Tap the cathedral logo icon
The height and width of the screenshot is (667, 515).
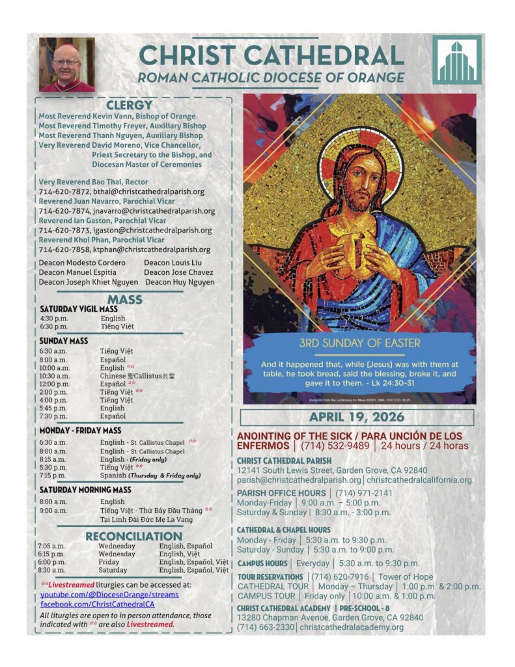point(456,61)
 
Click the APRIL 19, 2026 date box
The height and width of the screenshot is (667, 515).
point(356,417)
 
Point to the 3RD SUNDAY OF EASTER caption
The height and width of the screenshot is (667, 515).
point(359,343)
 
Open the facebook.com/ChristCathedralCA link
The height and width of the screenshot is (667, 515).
point(98,604)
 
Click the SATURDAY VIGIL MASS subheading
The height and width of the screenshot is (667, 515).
point(79,309)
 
